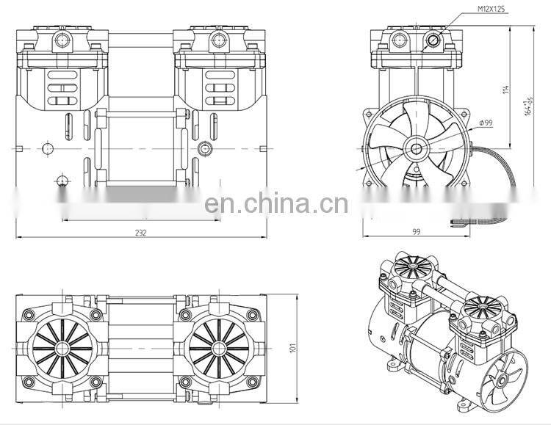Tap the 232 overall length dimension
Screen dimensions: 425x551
(141, 233)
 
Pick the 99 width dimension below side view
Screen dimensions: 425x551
(415, 233)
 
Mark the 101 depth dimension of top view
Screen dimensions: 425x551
(292, 347)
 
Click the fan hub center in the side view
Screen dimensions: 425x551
(416, 148)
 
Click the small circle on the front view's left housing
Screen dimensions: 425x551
(48, 148)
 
